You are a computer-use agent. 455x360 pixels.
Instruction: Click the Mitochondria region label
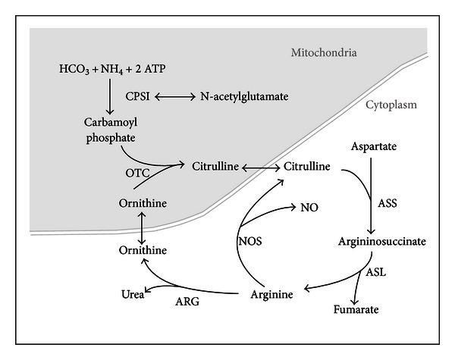pos(324,53)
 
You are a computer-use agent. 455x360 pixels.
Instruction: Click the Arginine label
pos(271,293)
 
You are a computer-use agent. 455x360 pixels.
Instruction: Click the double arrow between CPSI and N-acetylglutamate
pos(176,97)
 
